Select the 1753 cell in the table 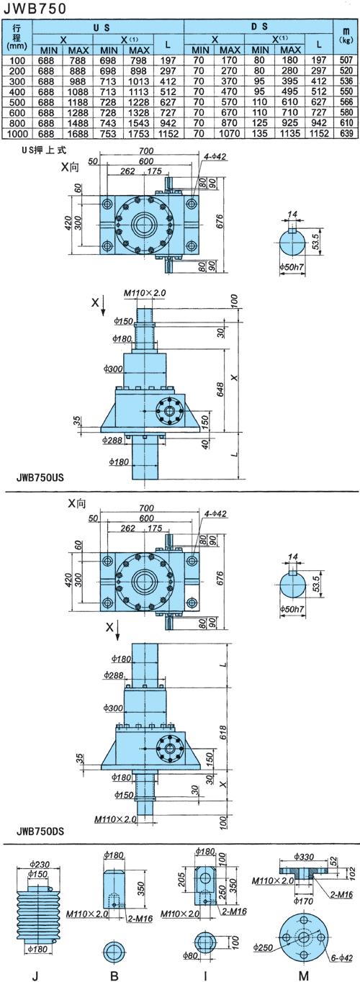[140, 133]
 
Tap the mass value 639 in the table [346, 133]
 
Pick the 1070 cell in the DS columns [230, 133]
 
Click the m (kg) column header [346, 34]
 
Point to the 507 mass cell [346, 60]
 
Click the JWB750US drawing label [40, 477]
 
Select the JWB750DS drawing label [40, 831]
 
